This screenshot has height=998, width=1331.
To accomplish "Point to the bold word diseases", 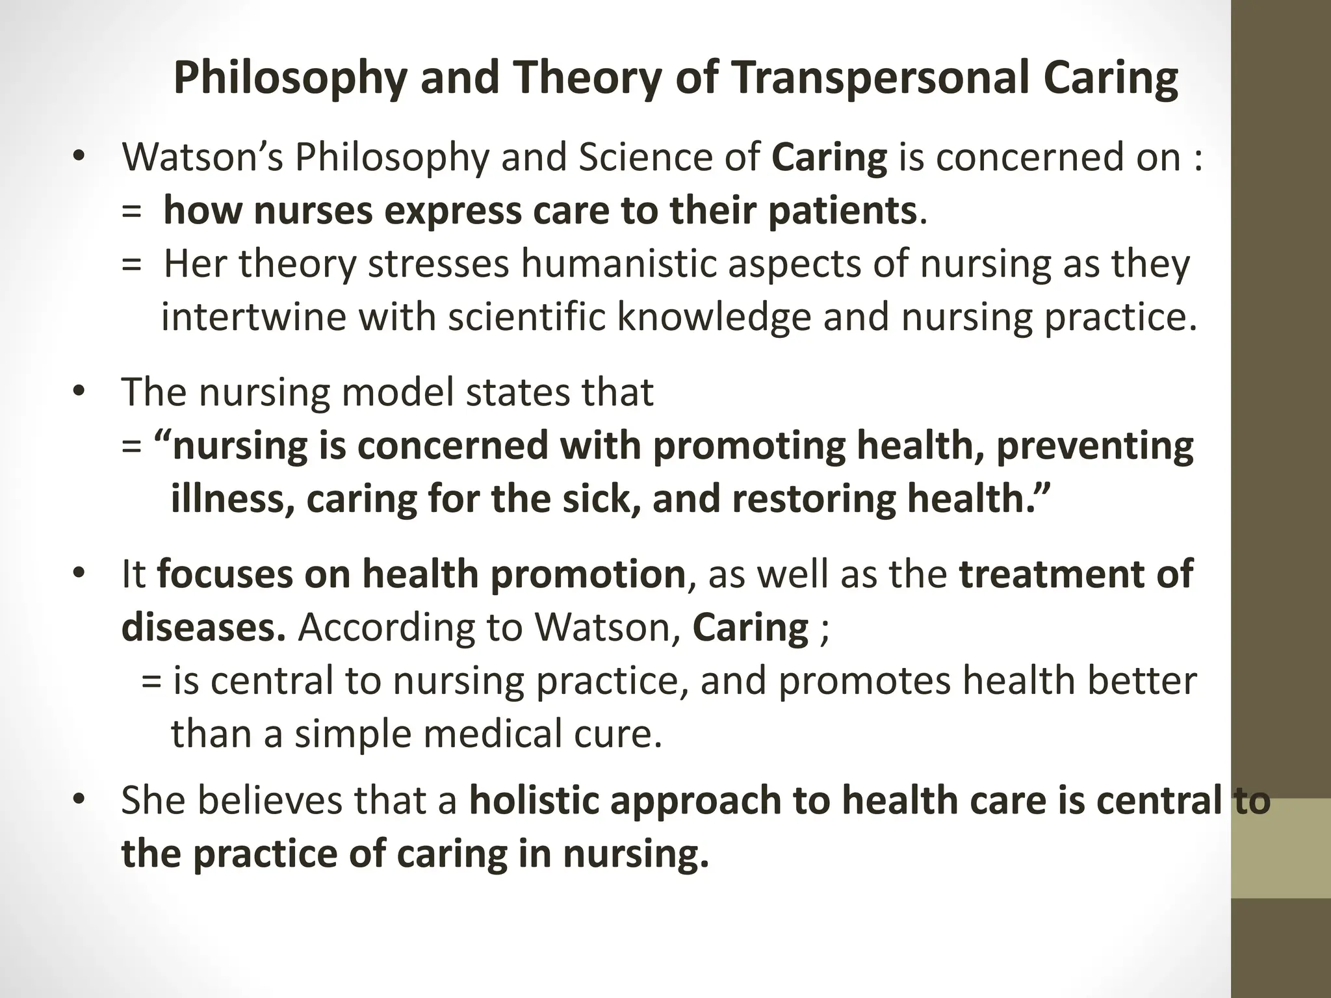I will click(203, 628).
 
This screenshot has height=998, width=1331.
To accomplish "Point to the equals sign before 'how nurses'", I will click(131, 212).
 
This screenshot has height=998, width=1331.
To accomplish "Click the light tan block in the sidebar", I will click(1281, 848).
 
